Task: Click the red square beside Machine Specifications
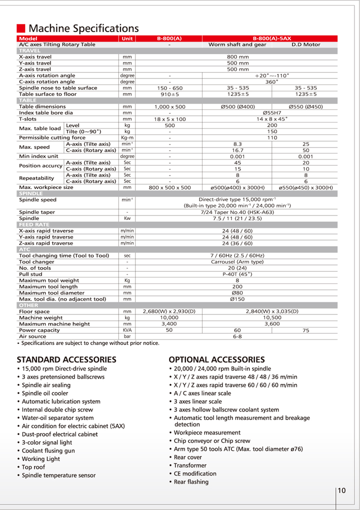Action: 21,28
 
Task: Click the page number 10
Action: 341,490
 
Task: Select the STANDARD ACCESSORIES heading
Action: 66,359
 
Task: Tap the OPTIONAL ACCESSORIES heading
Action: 216,359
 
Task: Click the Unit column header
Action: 127,38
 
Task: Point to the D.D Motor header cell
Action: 305,44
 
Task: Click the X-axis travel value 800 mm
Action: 238,57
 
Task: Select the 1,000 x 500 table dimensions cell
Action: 169,106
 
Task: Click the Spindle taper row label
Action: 37,212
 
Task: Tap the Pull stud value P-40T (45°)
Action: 237,273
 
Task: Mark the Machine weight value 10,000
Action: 169,317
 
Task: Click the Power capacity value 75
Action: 306,330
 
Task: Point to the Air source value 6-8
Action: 237,336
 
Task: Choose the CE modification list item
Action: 195,473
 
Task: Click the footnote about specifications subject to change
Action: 88,343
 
